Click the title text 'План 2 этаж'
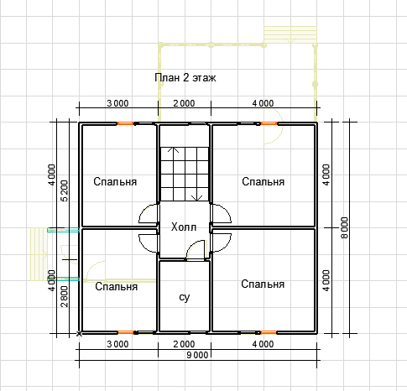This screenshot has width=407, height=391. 185,78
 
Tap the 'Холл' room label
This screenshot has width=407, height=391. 184,227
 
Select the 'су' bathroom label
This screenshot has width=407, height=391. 185,297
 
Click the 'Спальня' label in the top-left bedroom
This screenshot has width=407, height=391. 115,182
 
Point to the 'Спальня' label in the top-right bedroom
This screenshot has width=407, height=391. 264,182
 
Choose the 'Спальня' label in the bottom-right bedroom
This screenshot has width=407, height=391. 263,284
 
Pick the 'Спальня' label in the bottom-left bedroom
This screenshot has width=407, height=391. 117,287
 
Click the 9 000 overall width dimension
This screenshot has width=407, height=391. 197,355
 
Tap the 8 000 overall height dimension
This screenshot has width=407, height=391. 345,228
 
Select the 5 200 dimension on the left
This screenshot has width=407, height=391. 65,191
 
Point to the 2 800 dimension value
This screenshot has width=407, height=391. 65,296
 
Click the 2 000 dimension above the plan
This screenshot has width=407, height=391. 184,103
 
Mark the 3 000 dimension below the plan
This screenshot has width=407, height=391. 117,344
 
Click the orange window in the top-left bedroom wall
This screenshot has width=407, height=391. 126,123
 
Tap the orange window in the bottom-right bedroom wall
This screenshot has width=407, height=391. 269,332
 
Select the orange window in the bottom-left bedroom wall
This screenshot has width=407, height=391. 126,332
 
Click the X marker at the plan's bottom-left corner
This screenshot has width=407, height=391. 80,333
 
